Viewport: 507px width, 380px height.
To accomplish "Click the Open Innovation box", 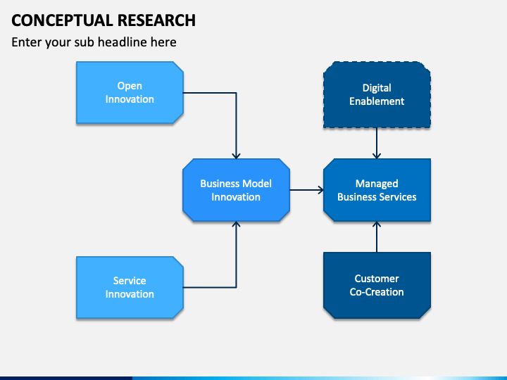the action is coord(130,93).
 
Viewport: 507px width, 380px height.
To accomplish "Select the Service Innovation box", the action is coord(130,288).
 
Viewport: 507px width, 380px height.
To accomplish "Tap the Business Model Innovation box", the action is coord(236,190).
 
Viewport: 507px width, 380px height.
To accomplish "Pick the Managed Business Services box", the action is coord(377,190).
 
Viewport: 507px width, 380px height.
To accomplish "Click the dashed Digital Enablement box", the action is coord(377,95).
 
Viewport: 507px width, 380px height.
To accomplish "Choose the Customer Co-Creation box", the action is coord(377,285).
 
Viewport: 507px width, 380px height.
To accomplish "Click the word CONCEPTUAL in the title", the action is coord(63,20).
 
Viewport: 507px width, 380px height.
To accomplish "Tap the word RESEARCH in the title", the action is coord(156,20).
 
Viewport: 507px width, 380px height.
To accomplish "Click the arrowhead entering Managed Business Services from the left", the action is coord(321,190).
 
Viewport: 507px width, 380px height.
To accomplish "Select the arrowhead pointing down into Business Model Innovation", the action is coord(236,156).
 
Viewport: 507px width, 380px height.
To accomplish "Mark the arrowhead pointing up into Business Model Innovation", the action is coord(236,224).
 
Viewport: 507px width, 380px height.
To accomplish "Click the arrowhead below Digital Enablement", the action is coord(377,156).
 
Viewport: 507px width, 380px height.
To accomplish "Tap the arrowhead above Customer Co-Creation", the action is coord(377,224).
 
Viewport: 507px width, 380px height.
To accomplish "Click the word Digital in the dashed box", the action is coord(377,88).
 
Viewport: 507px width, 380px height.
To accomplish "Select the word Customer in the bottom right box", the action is coord(377,279).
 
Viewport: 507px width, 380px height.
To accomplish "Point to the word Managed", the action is coord(377,184).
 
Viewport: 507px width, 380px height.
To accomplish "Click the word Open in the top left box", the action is coord(130,87).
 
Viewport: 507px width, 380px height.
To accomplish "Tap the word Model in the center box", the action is coord(258,184).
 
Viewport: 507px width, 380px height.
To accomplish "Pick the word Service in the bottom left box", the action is coord(130,281).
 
